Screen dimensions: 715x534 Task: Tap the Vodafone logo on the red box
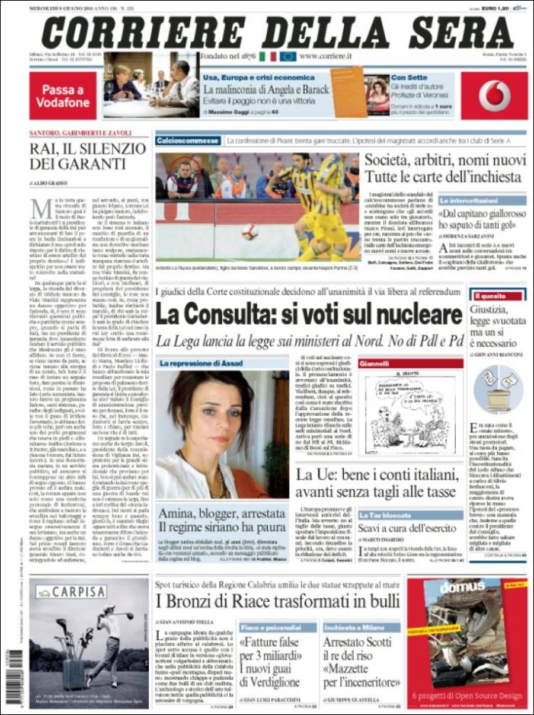point(494,95)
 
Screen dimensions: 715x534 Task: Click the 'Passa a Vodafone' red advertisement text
point(63,95)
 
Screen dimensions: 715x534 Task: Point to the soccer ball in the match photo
point(249,231)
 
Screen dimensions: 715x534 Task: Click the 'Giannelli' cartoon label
point(375,363)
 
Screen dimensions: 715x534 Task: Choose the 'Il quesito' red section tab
point(488,294)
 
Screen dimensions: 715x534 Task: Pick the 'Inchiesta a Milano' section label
point(354,627)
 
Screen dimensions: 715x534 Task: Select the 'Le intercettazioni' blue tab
point(468,201)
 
